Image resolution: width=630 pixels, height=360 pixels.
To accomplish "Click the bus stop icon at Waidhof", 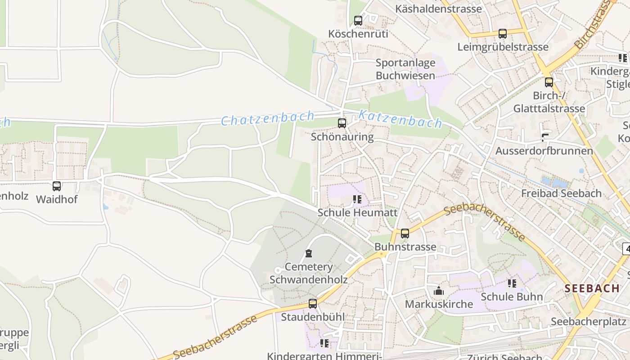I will [x=57, y=186].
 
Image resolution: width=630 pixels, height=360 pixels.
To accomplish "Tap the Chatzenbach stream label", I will [x=267, y=119].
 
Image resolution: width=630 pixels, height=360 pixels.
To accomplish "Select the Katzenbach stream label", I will [x=400, y=118].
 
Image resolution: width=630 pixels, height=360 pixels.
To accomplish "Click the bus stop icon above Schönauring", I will [x=342, y=123].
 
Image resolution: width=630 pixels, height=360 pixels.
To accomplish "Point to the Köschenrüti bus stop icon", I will [x=358, y=21].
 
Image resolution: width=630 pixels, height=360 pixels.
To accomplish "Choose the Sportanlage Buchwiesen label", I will [x=405, y=69].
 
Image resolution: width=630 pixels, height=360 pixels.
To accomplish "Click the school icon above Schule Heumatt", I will [x=357, y=199].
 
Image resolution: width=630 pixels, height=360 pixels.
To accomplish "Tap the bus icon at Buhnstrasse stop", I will [x=405, y=234].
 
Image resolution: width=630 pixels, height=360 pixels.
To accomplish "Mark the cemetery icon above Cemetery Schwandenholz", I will [x=309, y=254].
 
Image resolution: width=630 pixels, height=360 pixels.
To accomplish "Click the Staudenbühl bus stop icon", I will [x=313, y=304].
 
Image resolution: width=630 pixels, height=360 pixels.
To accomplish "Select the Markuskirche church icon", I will [x=439, y=291].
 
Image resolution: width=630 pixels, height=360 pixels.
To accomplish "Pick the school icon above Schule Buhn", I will [x=512, y=283].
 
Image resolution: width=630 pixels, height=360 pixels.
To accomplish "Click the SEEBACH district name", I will [x=592, y=288].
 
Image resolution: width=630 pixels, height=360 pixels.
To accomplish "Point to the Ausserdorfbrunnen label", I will [x=544, y=151].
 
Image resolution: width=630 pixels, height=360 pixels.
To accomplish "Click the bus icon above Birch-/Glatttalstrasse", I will [x=549, y=82].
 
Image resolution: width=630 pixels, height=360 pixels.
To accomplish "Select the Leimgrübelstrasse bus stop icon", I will [x=503, y=34].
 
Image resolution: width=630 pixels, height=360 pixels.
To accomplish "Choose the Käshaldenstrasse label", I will [x=438, y=9].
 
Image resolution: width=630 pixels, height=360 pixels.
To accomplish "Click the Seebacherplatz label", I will [x=589, y=322].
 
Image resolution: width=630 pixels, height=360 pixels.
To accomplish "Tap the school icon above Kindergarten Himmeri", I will [x=324, y=343].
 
